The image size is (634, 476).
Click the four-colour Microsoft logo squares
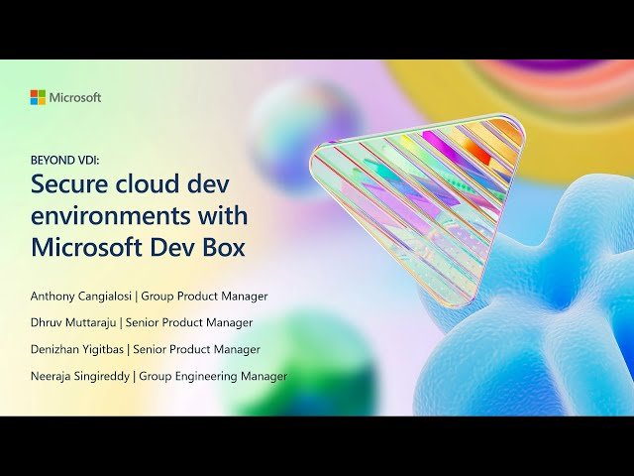click(x=38, y=97)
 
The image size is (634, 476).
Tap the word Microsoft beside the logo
click(x=75, y=97)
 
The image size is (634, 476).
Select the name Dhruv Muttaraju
click(x=73, y=322)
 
